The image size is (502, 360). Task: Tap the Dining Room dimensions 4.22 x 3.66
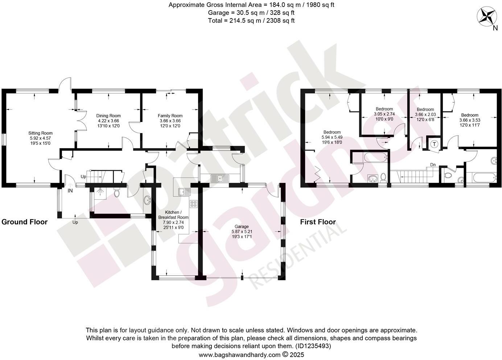point(108,121)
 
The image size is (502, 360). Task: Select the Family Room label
point(170,116)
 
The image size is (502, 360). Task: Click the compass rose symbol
point(486,17)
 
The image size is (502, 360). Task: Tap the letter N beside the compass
point(495,29)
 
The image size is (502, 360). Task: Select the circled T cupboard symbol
point(434,144)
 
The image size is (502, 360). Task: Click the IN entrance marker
point(70,190)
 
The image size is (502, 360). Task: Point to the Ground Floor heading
point(25,222)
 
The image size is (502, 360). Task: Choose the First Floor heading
point(318,222)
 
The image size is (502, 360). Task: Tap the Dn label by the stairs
point(433,165)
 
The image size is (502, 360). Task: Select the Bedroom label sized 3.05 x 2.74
point(384,109)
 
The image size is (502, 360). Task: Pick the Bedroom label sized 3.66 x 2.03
point(425,109)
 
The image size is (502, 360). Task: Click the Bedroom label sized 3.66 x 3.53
point(470,115)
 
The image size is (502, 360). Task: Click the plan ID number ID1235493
point(313,346)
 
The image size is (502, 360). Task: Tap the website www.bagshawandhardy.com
point(239,355)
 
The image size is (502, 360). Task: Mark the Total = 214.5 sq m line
point(251,21)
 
